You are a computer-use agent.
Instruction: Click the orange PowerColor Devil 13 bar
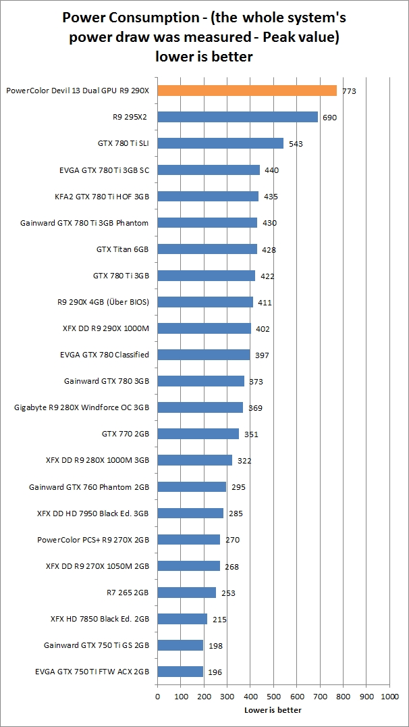[x=247, y=91]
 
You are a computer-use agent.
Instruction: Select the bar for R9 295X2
[x=238, y=117]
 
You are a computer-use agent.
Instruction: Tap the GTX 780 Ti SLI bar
[x=221, y=143]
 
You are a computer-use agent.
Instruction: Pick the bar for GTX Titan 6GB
[x=207, y=249]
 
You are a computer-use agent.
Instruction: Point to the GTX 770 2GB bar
[x=198, y=434]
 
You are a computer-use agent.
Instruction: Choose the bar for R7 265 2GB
[x=187, y=593]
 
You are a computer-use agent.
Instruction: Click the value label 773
[x=349, y=91]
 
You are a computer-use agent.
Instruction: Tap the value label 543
[x=296, y=144]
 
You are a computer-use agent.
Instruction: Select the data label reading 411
[x=265, y=303]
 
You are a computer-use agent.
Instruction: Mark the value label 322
[x=244, y=461]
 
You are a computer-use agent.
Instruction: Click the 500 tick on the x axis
[x=273, y=695]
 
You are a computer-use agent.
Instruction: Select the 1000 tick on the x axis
[x=389, y=695]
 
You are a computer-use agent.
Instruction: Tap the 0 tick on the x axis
[x=157, y=695]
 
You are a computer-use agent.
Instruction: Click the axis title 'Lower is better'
[x=273, y=710]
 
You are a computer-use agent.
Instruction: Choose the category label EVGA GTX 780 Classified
[x=105, y=355]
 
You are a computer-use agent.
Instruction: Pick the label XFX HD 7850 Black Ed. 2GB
[x=100, y=619]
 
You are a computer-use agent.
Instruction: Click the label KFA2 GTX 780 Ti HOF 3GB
[x=102, y=196]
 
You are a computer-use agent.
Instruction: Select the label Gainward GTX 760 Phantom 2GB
[x=89, y=486]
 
